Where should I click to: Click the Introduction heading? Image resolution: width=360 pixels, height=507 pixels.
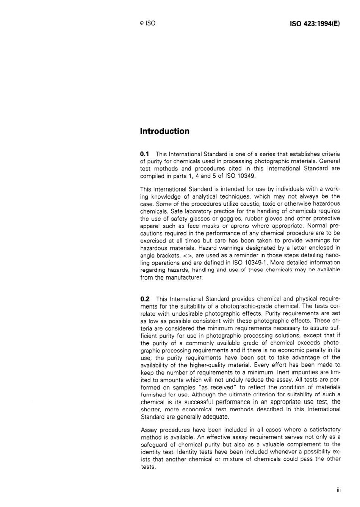pos(164,131)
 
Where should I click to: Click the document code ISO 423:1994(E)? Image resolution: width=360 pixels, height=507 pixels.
pos(315,23)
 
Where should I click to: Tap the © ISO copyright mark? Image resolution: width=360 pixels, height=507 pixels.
pos(147,23)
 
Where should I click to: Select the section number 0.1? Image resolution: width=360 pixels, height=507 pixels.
pos(145,154)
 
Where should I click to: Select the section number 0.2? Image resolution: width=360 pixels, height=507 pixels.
pos(145,299)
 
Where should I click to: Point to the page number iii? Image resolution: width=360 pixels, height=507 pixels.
pos(338,490)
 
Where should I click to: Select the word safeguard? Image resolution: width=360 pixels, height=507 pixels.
pos(155,444)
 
